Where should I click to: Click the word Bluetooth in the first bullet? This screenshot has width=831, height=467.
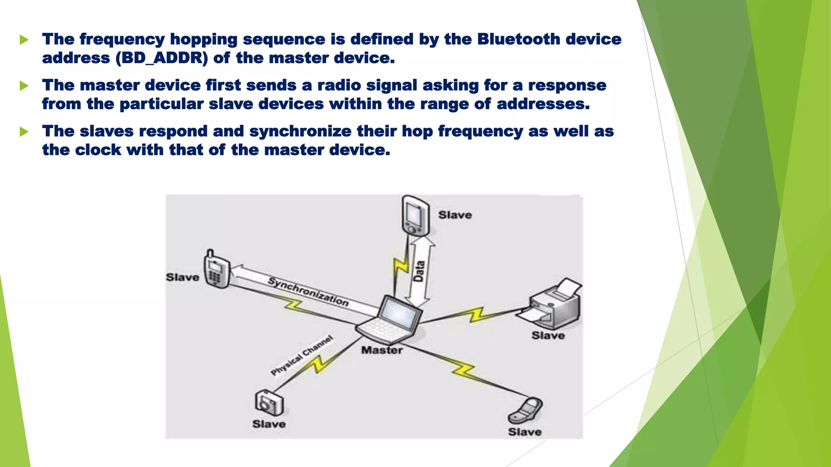pos(518,39)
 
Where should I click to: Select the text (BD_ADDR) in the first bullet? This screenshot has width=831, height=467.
pos(161,58)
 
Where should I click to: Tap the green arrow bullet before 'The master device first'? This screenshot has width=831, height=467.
pos(24,86)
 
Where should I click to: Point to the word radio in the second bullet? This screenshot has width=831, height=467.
pos(339,86)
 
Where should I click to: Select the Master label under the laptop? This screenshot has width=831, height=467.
pos(382,350)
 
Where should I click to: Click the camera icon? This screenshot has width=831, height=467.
pos(269,403)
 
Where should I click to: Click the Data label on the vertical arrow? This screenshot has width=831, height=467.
pos(419,271)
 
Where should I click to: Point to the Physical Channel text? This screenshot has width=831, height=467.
pos(302,355)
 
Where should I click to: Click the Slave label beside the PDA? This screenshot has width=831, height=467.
pos(455,215)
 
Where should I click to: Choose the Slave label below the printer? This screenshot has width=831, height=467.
pos(548,336)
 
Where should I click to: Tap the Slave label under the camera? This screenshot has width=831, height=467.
pos(269,424)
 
